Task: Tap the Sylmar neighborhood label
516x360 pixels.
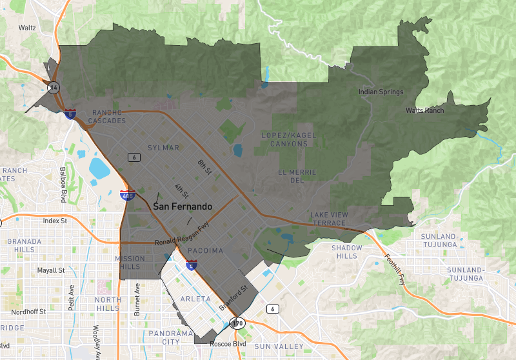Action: tap(163, 148)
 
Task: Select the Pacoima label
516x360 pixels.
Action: tap(205, 250)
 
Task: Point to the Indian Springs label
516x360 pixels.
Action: tap(381, 92)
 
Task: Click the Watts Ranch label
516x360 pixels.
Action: tap(424, 111)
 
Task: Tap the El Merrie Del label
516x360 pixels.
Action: tap(297, 176)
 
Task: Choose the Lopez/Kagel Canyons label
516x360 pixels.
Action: tap(284, 139)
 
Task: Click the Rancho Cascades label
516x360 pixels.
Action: tap(103, 117)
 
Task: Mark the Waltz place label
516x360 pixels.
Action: tap(27, 28)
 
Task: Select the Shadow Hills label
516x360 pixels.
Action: tap(347, 252)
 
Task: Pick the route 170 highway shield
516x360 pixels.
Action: tap(239, 322)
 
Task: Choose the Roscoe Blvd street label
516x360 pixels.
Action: tap(229, 344)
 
